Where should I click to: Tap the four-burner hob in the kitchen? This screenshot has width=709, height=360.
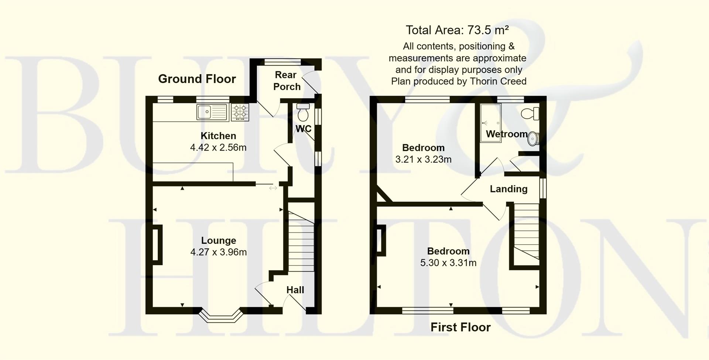pos(240,112)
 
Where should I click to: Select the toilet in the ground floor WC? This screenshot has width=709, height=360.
pos(303,113)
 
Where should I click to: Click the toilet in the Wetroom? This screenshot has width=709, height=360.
pos(531,113)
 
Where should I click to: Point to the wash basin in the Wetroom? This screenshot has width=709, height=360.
pos(534,138)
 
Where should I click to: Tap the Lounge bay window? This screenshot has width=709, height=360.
pos(221,317)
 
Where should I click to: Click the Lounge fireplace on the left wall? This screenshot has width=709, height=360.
pos(157,244)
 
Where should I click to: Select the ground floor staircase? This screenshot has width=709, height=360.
pos(301,242)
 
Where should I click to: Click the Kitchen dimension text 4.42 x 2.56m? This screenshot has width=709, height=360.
pos(218,148)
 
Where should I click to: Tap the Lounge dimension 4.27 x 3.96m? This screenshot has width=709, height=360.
pos(218,252)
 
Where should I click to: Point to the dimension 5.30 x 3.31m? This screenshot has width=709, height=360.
pos(448,263)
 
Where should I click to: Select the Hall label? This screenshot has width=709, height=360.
pos(295,290)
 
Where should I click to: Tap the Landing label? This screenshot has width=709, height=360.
pos(508,189)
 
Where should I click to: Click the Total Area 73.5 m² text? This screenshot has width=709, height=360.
pos(457,30)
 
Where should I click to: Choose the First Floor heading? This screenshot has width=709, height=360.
pos(460,327)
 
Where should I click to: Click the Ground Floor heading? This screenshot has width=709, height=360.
pos(197,79)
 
